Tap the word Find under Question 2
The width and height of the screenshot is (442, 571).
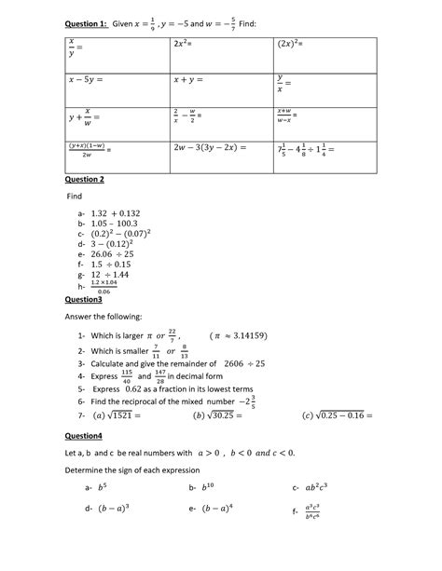click(x=74, y=197)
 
